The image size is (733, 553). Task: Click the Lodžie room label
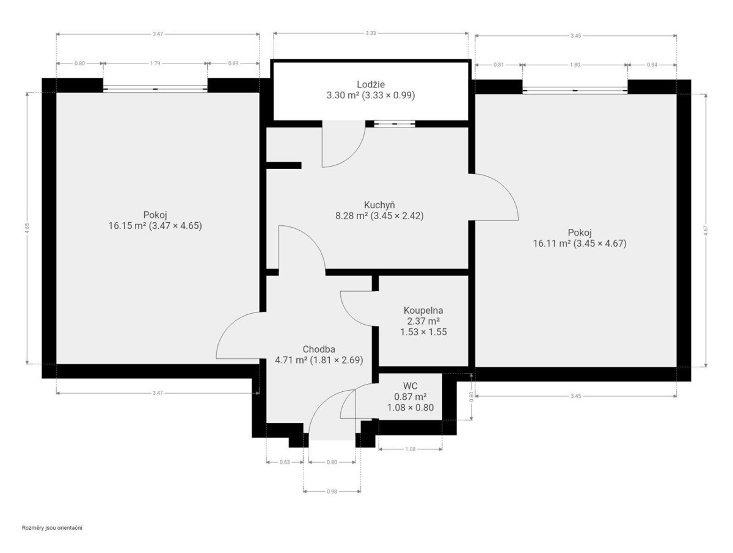pos(370,84)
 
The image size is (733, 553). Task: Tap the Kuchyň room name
pos(379,204)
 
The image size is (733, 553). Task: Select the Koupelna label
pos(423,310)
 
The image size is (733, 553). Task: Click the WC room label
pos(410,386)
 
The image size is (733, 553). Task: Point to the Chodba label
pos(319,349)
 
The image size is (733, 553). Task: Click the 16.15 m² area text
pos(127,226)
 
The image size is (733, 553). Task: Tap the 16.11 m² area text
pos(552,244)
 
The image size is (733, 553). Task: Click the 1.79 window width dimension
pos(155,63)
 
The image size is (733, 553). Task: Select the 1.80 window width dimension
pos(575,65)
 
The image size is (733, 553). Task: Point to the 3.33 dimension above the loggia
pos(370,33)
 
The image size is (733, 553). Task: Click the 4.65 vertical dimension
pos(27,228)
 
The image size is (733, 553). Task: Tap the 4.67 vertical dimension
pos(706,231)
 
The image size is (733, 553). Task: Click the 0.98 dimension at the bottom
pos(332,491)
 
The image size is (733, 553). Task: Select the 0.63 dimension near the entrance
pos(285,462)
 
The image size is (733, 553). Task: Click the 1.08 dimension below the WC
pos(410,449)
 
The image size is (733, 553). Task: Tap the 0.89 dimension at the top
pos(233,63)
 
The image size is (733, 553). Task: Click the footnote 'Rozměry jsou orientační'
pos(52,528)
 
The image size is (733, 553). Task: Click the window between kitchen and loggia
pos(395,124)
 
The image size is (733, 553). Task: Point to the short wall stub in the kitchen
pos(284,165)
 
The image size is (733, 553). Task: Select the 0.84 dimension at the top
pos(652,65)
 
